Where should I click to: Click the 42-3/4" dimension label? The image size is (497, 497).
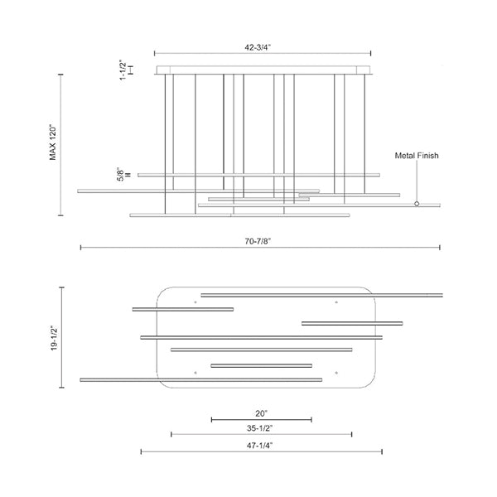(258, 47)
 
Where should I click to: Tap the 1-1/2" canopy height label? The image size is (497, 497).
(123, 70)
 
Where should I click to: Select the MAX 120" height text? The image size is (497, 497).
(53, 143)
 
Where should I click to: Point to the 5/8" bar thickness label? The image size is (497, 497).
(120, 174)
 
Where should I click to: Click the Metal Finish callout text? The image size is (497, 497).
(417, 156)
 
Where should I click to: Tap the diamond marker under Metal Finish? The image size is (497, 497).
(417, 204)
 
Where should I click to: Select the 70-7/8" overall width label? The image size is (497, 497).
(258, 241)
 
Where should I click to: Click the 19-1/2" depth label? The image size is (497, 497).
(54, 337)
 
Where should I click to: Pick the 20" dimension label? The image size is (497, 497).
(262, 413)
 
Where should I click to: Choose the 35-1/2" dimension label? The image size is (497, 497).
(259, 428)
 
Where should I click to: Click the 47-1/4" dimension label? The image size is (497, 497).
(259, 446)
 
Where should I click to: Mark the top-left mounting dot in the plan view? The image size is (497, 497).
(195, 302)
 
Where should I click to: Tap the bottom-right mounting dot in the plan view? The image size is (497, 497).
(336, 373)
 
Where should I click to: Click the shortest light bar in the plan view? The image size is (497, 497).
(262, 366)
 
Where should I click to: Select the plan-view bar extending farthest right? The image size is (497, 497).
(321, 296)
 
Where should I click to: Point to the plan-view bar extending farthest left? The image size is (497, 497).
(201, 379)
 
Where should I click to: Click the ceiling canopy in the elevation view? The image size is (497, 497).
(263, 70)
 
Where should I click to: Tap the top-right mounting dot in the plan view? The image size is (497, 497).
(336, 302)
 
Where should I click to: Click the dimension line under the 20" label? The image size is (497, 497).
(262, 420)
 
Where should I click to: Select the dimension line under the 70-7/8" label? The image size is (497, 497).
(260, 247)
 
